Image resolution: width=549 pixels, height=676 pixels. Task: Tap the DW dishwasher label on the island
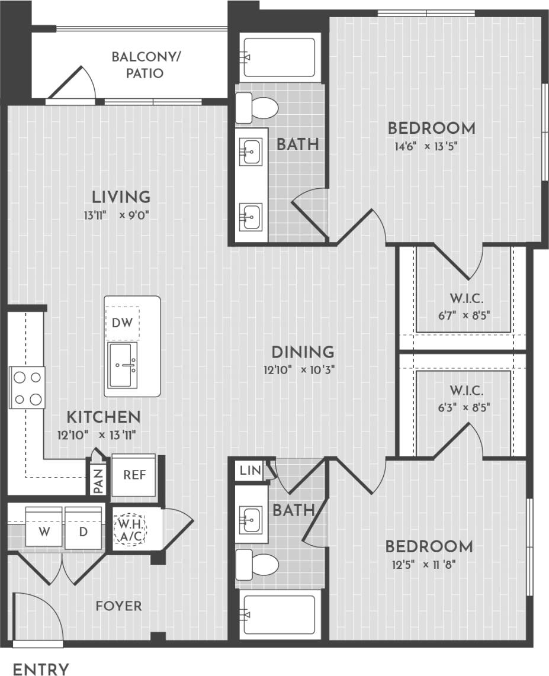tap(123, 323)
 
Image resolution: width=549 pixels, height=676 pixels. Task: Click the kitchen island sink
tap(123, 365)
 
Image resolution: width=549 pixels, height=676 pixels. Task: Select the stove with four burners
tap(27, 387)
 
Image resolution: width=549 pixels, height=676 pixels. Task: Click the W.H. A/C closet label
tap(130, 530)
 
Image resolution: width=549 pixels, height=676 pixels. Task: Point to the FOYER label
tap(119, 606)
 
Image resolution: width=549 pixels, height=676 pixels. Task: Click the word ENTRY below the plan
tap(41, 669)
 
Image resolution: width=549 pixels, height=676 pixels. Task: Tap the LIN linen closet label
tap(250, 471)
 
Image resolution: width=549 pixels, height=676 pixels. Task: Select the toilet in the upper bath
tap(257, 108)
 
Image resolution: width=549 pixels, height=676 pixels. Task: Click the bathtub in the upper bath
tap(279, 58)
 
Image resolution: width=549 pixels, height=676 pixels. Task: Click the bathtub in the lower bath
tap(279, 616)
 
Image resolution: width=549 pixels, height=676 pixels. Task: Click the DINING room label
tap(303, 352)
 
